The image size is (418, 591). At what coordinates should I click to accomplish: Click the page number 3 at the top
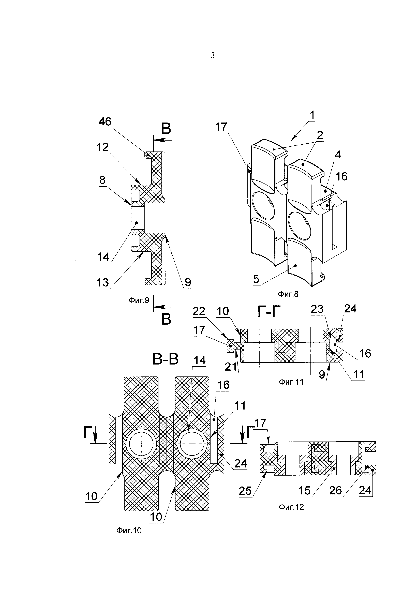tap(213, 55)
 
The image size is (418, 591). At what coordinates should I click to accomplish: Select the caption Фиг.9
tap(139, 300)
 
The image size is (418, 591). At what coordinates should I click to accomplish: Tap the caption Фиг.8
tap(288, 294)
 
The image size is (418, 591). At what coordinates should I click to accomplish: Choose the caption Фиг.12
tap(292, 507)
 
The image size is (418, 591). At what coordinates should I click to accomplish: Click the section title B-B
tap(166, 360)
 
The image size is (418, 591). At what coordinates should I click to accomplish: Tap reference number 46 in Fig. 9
tap(105, 122)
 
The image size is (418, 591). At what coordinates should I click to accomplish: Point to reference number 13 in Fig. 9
tap(103, 283)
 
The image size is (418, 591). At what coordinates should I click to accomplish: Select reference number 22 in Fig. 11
tap(199, 311)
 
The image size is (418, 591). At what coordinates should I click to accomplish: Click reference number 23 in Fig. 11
tap(317, 309)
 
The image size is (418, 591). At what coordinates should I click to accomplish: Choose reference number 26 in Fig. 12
tap(336, 491)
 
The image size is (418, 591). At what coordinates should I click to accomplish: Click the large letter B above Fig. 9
tap(166, 129)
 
